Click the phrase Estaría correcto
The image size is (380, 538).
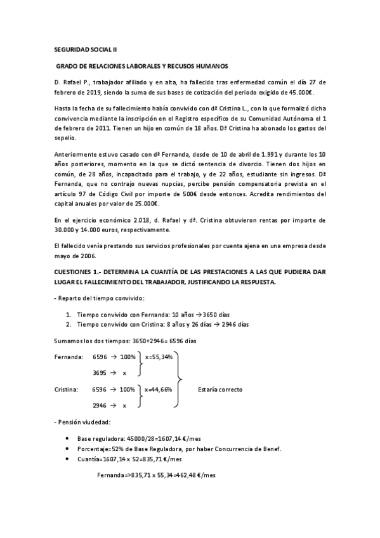(x=220, y=389)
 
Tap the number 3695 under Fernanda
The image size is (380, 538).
(x=100, y=373)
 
